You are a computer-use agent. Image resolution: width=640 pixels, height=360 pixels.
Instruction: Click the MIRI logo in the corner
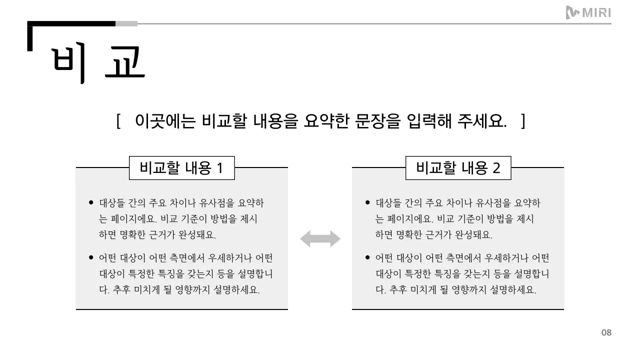588,12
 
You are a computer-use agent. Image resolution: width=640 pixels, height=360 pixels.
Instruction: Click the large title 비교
98,63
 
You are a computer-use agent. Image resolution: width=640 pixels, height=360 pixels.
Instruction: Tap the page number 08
606,332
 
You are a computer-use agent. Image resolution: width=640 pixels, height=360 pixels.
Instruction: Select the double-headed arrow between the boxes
320,239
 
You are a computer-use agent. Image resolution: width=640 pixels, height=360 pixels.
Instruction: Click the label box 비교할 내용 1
181,168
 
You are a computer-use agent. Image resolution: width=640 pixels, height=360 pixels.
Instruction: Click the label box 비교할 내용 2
458,168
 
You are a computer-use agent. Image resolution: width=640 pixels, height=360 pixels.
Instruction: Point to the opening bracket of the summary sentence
118,121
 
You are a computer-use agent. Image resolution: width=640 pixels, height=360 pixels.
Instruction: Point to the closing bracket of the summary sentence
522,121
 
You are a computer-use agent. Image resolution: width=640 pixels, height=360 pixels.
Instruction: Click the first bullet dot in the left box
91,203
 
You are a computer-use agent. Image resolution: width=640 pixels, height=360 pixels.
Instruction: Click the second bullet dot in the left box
91,258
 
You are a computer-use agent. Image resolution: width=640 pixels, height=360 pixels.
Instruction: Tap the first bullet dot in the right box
367,203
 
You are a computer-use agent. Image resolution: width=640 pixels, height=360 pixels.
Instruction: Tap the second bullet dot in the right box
367,258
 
